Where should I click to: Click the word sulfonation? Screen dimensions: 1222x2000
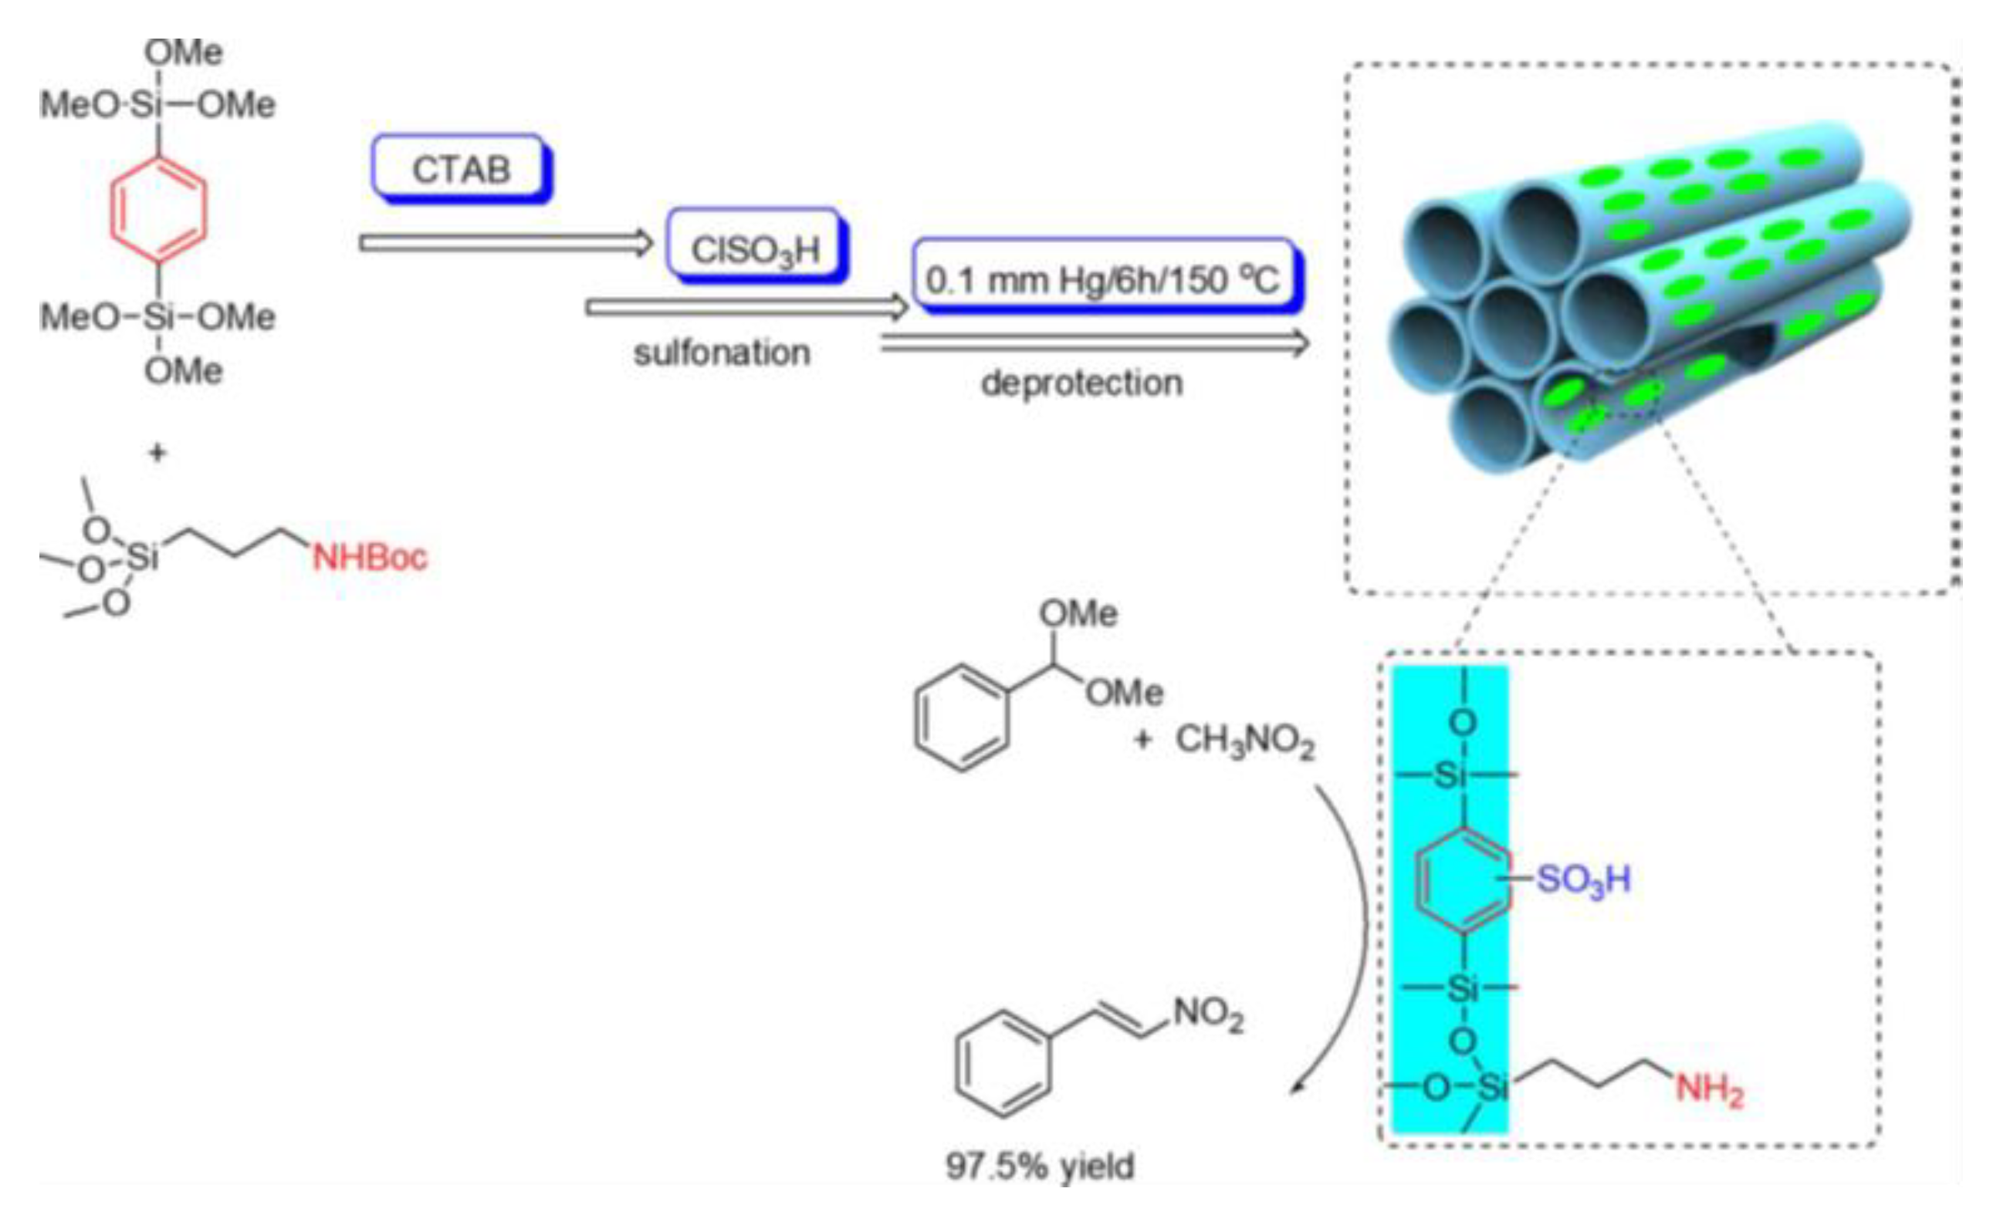(x=722, y=353)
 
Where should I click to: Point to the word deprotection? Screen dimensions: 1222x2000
(x=1082, y=382)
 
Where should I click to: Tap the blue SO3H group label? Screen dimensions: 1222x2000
(x=1583, y=879)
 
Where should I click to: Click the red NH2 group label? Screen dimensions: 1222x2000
(x=1708, y=1090)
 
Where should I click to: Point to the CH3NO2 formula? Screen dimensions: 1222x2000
(x=1244, y=740)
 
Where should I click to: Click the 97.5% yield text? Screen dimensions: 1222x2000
(x=1040, y=1166)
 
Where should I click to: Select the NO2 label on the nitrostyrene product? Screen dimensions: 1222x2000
(x=1208, y=1014)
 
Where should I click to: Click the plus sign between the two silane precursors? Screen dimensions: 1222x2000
(x=157, y=453)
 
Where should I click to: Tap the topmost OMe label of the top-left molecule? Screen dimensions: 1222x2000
(x=184, y=52)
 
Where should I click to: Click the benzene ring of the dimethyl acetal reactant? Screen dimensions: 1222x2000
(x=962, y=717)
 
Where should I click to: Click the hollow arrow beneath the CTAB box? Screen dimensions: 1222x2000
(x=506, y=241)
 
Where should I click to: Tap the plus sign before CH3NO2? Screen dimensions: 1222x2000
(x=1143, y=739)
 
